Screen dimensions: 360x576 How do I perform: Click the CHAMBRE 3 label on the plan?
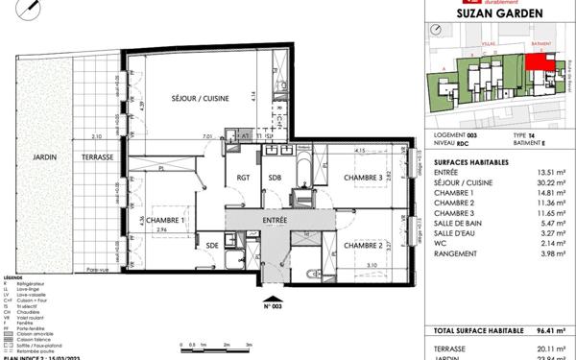click(358, 178)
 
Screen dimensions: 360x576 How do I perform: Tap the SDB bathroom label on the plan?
click(275, 178)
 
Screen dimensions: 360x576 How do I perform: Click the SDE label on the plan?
click(212, 245)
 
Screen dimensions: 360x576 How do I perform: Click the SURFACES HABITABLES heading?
click(463, 162)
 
